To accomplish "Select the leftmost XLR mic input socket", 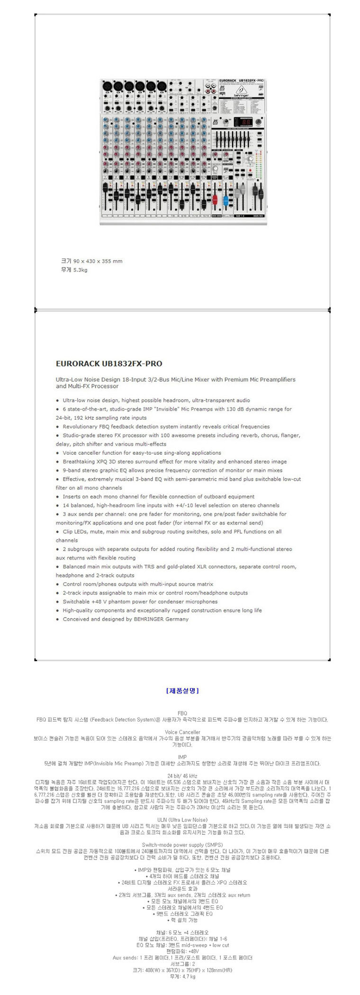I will point(107,86).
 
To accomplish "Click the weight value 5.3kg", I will point(80,270).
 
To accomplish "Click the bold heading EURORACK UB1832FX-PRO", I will point(109,364).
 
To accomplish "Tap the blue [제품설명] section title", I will point(182,691).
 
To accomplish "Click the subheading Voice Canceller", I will point(182,732).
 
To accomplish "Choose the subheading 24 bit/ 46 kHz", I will point(182,776).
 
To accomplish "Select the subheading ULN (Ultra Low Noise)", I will point(182,820).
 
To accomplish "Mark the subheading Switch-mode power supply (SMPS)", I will point(182,845).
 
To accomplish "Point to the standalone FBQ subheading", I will point(182,713).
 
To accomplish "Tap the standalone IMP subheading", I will point(182,757).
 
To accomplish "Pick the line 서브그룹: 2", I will point(182,964).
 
